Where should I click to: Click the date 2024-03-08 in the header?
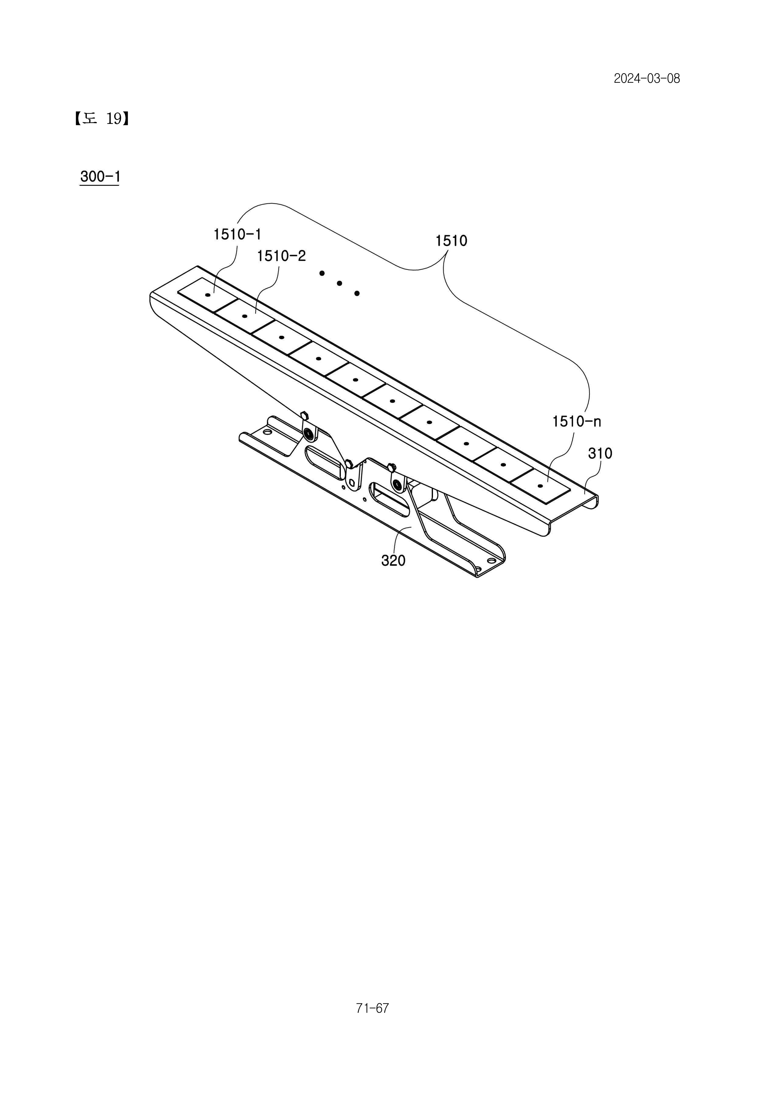647,79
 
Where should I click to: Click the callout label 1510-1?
237,235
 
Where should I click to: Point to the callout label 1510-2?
282,256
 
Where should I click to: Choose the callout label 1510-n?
577,422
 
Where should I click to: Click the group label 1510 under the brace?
451,241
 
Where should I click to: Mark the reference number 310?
600,453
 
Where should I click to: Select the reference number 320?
394,560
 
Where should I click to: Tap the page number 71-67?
372,1008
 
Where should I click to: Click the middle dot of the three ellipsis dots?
340,283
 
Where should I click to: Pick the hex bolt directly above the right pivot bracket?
391,467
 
